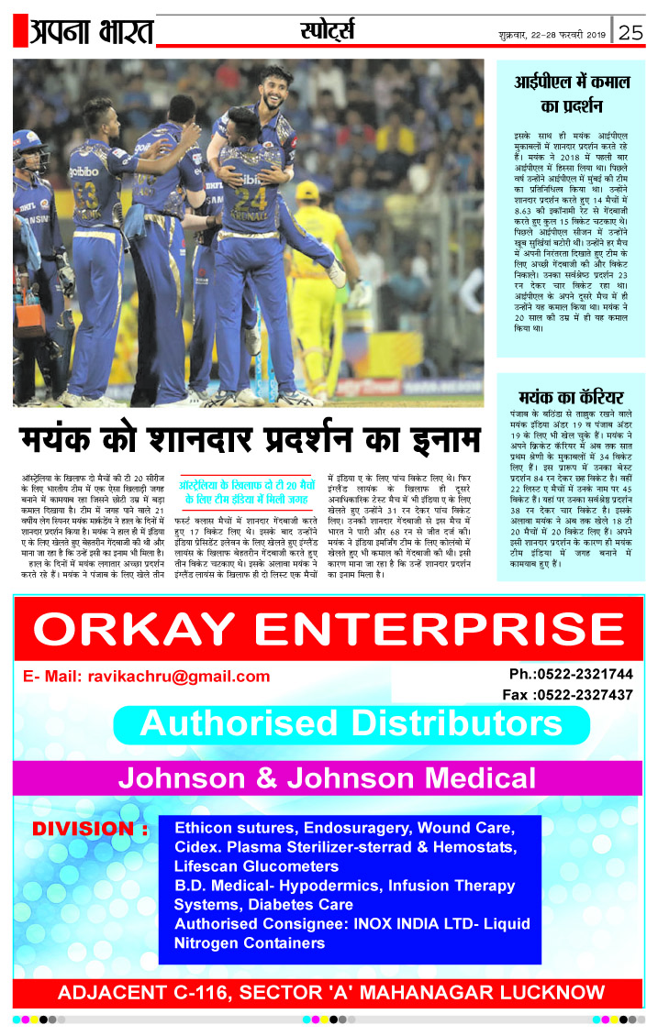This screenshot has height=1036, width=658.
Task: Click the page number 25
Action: pyautogui.click(x=630, y=32)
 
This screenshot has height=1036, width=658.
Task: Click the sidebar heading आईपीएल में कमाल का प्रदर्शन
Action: pyautogui.click(x=570, y=94)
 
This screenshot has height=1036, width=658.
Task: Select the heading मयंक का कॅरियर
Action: pyautogui.click(x=570, y=397)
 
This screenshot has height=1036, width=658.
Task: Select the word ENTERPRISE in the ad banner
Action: pyautogui.click(x=437, y=628)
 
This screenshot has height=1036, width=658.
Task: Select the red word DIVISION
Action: pyautogui.click(x=90, y=830)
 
